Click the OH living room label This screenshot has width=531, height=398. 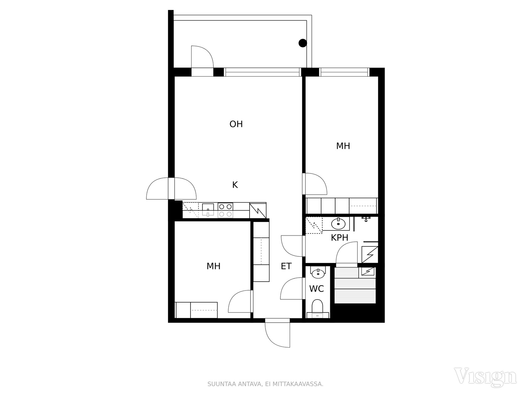236,124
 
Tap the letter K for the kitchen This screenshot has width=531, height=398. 235,185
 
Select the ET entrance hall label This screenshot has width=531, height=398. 286,266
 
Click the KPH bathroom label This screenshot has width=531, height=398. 340,238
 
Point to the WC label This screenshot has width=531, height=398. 316,289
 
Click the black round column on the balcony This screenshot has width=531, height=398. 303,43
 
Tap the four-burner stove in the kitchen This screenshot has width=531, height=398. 225,210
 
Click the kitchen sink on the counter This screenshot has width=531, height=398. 208,210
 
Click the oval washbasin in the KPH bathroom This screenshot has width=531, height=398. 338,224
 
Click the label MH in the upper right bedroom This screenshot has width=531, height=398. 343,146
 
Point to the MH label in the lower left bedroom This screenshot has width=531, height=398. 213,266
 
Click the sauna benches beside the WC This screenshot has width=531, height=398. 355,285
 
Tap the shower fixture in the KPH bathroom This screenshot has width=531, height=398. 366,219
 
